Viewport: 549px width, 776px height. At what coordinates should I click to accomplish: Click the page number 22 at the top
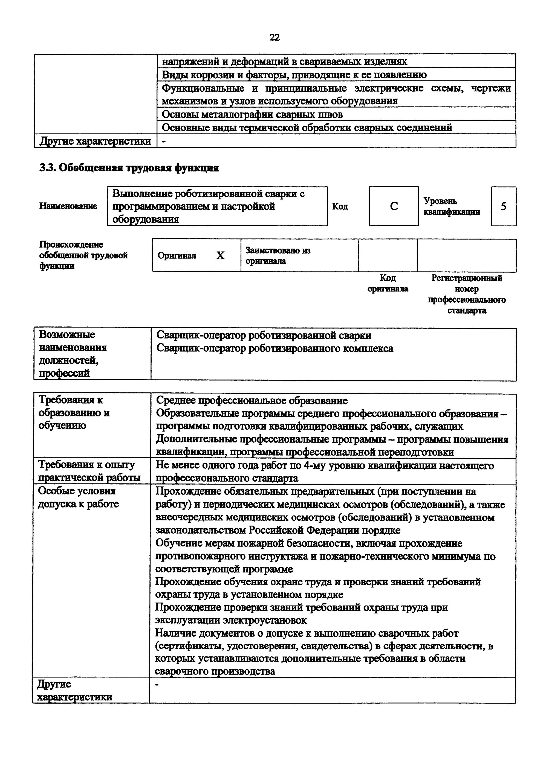(x=274, y=37)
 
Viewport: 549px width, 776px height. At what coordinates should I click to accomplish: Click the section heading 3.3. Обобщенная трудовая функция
(x=129, y=168)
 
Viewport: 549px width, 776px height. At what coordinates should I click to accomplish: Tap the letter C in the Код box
(x=394, y=206)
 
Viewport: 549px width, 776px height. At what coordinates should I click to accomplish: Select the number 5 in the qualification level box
(x=503, y=206)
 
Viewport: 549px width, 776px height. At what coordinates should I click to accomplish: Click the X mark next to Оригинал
(x=220, y=256)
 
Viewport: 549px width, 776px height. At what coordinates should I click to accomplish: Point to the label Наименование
(x=68, y=206)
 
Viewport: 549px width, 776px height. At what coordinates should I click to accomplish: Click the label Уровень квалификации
(x=452, y=206)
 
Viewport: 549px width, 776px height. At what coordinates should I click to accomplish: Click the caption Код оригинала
(x=388, y=283)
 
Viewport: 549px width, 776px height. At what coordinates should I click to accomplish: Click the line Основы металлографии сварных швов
(x=252, y=115)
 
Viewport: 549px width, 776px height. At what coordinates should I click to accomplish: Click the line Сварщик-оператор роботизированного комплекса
(x=275, y=348)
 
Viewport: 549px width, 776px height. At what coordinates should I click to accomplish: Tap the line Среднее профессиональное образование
(x=252, y=400)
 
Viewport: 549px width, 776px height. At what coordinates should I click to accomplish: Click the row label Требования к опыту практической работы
(x=89, y=471)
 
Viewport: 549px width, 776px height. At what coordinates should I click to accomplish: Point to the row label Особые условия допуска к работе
(x=78, y=497)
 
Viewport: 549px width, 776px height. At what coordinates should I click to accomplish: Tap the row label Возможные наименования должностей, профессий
(x=73, y=354)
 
